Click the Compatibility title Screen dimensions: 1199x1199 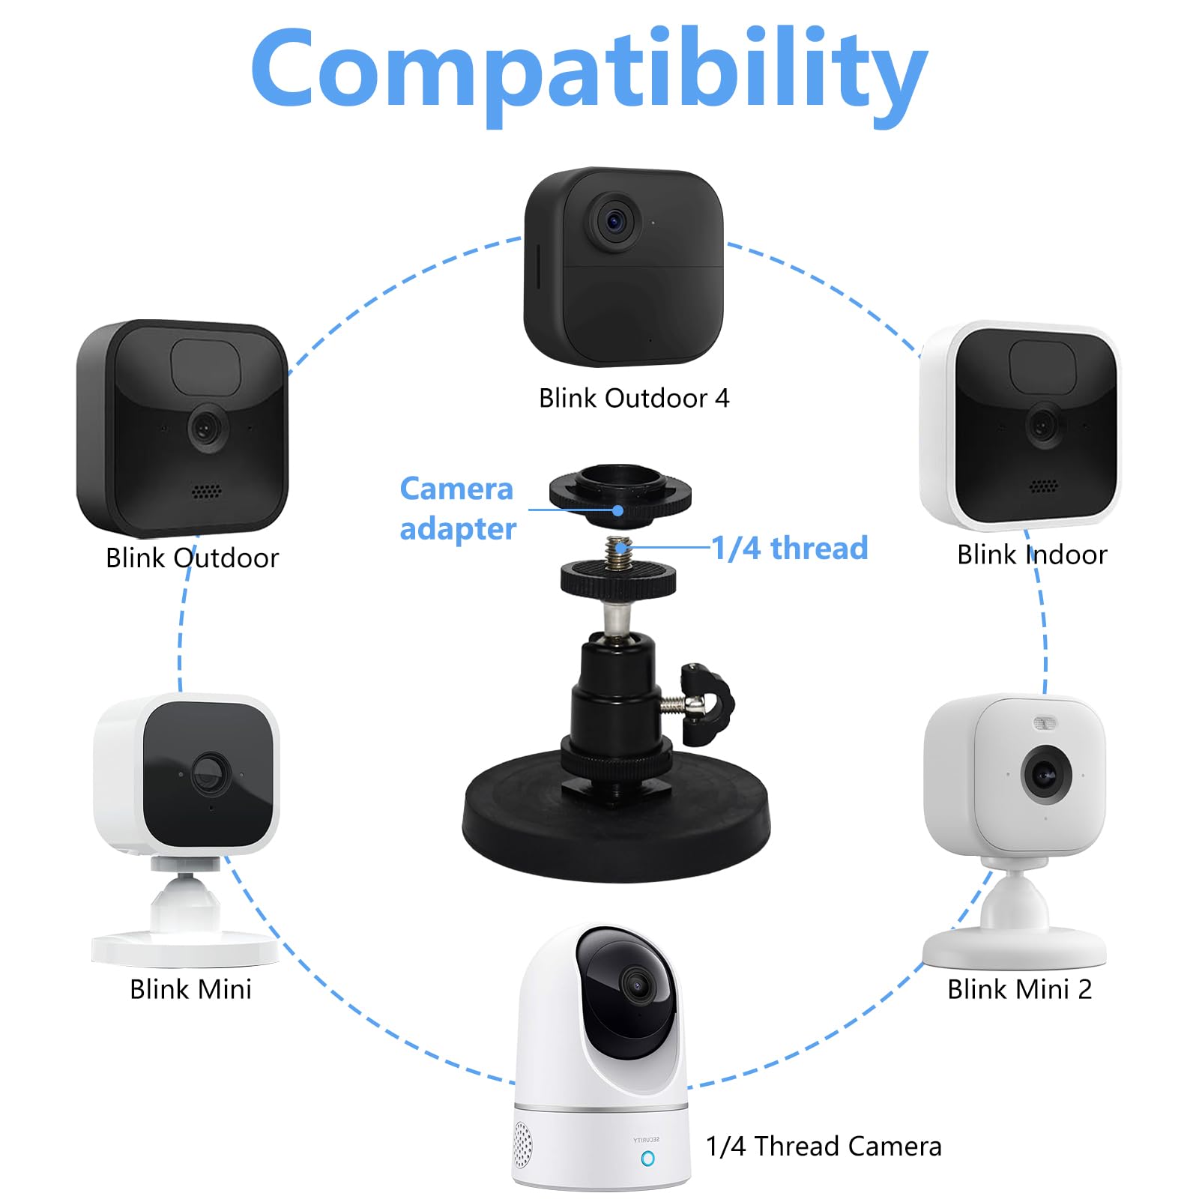click(x=589, y=71)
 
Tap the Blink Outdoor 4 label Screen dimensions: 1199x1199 click(x=633, y=398)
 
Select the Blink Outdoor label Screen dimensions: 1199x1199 click(x=192, y=558)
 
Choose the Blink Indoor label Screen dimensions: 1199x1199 click(x=1031, y=555)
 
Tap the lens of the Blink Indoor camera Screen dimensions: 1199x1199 click(x=1042, y=426)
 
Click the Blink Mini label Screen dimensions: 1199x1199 click(x=190, y=989)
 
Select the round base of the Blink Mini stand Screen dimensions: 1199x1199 click(x=184, y=948)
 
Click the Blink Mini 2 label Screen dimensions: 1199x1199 click(x=1019, y=989)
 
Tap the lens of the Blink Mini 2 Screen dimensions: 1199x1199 click(x=1044, y=773)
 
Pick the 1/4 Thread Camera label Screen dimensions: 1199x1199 click(x=824, y=1146)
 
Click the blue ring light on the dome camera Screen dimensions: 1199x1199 click(x=647, y=1159)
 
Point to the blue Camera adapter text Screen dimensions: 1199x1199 click(x=457, y=508)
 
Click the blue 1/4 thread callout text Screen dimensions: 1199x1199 click(x=789, y=548)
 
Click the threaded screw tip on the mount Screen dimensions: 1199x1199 click(x=619, y=551)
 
